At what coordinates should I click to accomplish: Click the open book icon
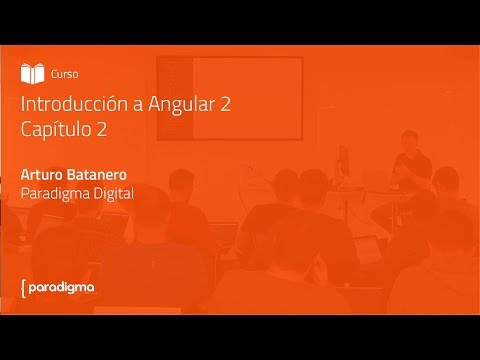click(x=32, y=73)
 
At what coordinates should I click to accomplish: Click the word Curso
click(x=64, y=74)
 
